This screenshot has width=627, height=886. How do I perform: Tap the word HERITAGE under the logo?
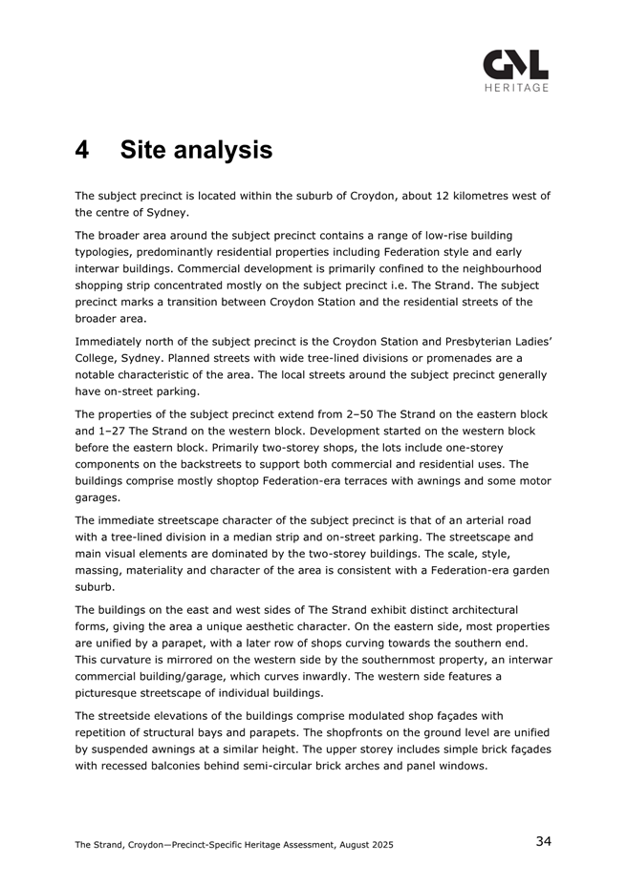[516, 88]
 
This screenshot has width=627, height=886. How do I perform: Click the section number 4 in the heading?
[83, 150]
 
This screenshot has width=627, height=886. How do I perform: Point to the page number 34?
[543, 841]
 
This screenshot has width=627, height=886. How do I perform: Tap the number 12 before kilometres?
[400, 196]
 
